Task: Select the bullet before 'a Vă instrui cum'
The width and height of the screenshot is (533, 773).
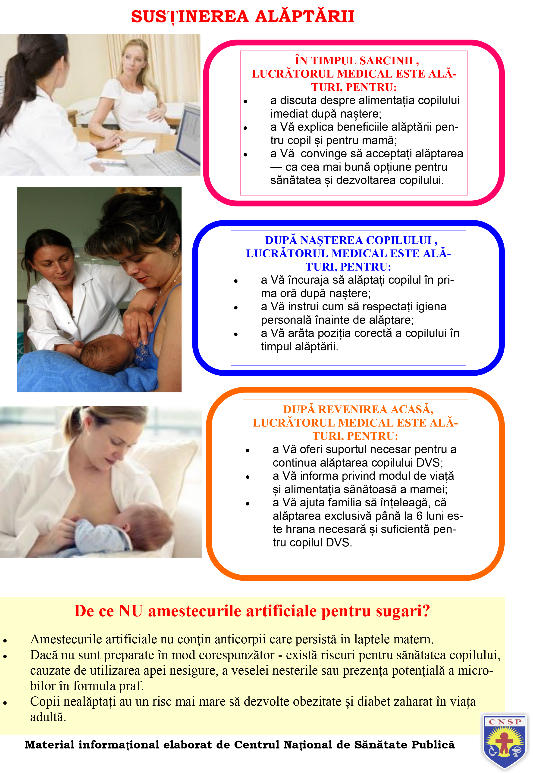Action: (236, 308)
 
